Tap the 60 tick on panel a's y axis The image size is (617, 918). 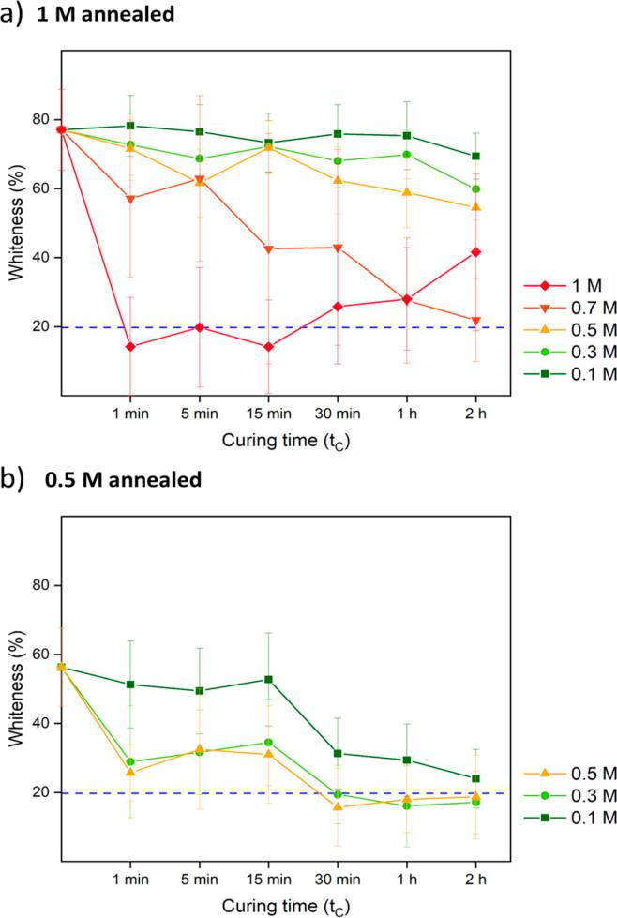[x=42, y=188]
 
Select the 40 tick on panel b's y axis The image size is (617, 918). [x=42, y=724]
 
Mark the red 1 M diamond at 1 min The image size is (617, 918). [x=129, y=347]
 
